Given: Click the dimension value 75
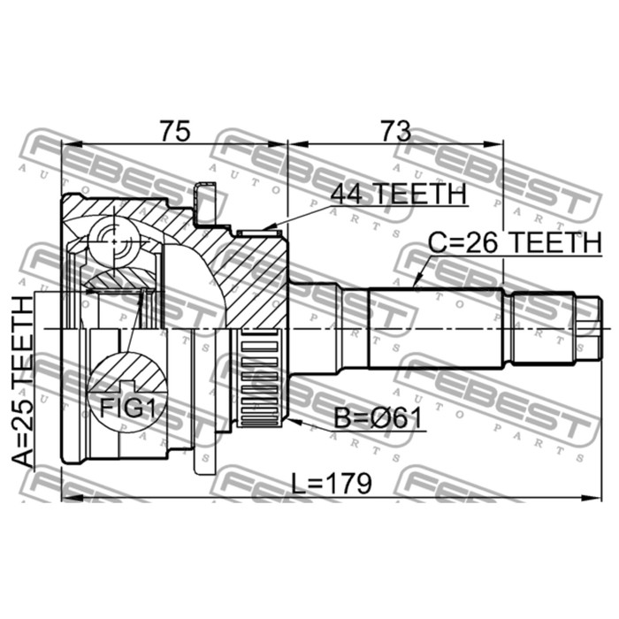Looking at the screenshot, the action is pyautogui.click(x=175, y=131).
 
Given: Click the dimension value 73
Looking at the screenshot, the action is pyautogui.click(x=395, y=131).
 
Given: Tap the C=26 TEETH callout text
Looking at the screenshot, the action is pyautogui.click(x=515, y=242).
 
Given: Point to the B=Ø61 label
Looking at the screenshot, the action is pyautogui.click(x=378, y=418).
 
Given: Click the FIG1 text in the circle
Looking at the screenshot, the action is pyautogui.click(x=126, y=408).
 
